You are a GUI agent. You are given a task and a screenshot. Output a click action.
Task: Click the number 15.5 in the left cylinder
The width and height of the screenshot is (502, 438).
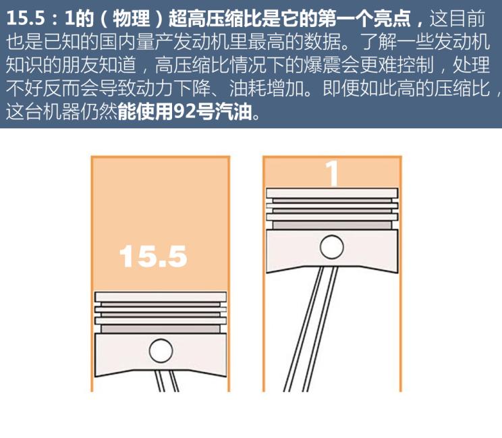click(152, 256)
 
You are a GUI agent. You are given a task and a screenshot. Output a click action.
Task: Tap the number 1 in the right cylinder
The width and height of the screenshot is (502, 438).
click(332, 173)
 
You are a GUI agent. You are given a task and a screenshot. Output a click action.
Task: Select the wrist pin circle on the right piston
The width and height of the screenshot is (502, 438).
click(331, 246)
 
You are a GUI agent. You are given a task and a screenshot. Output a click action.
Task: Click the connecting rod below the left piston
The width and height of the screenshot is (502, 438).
click(166, 381)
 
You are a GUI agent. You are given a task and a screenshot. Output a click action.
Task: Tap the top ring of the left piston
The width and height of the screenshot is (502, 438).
click(161, 296)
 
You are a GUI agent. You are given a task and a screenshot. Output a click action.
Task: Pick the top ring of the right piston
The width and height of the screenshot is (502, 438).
click(332, 193)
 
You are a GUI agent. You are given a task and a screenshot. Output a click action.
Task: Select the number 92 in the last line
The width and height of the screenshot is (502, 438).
click(184, 111)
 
